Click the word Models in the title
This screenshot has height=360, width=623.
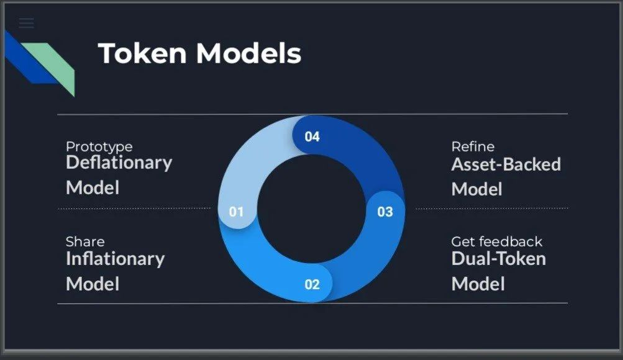pyautogui.click(x=248, y=53)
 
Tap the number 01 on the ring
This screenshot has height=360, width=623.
pyautogui.click(x=236, y=212)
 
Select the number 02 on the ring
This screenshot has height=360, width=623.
pyautogui.click(x=312, y=284)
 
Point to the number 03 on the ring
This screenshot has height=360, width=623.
pyautogui.click(x=385, y=212)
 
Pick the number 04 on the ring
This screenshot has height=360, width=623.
pyautogui.click(x=312, y=137)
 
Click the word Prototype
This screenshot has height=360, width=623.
pyautogui.click(x=99, y=147)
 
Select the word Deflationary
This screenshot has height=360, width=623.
pyautogui.click(x=119, y=163)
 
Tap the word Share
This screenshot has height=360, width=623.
pyautogui.click(x=86, y=241)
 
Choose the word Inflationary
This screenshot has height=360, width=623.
pyautogui.click(x=116, y=259)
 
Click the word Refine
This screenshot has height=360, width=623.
pyautogui.click(x=473, y=147)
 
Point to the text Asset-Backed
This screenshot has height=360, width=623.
pyautogui.click(x=506, y=164)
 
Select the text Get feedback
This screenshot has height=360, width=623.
pyautogui.click(x=497, y=241)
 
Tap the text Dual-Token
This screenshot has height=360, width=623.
pyautogui.click(x=499, y=259)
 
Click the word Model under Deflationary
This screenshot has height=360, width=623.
pyautogui.click(x=93, y=187)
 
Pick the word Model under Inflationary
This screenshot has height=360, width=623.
pyautogui.click(x=93, y=284)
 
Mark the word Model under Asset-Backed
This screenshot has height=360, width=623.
pyautogui.click(x=477, y=189)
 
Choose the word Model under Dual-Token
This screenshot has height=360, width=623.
pyautogui.click(x=478, y=284)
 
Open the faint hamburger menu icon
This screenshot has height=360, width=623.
pyautogui.click(x=26, y=23)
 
